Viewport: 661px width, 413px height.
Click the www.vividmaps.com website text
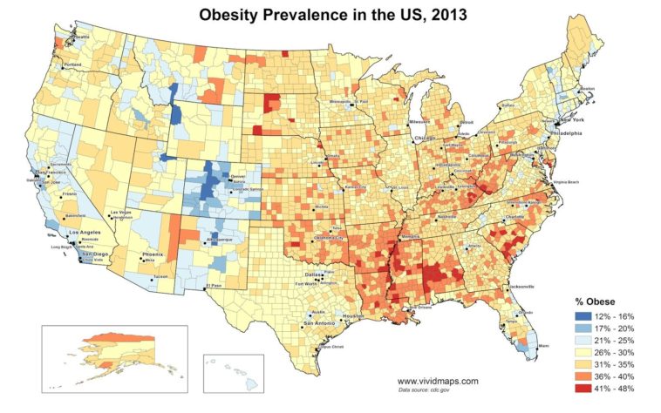point(438,381)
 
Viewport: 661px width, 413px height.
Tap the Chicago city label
point(425,139)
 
